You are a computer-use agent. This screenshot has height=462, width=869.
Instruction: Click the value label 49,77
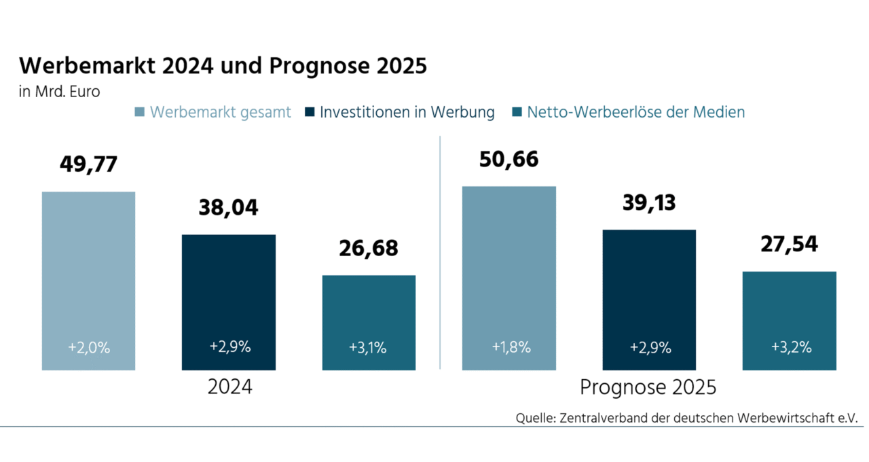point(88,164)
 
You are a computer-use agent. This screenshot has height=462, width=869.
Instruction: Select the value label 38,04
point(228,207)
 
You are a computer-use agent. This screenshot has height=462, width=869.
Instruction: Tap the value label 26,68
point(369,248)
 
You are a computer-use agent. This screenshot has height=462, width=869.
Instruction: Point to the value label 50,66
point(509,159)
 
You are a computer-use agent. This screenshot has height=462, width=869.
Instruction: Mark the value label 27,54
point(789,244)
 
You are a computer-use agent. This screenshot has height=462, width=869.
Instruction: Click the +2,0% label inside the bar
point(89,347)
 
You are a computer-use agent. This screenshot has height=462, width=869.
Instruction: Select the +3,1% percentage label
point(368,347)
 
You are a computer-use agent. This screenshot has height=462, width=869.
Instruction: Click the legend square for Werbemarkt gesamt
point(140,112)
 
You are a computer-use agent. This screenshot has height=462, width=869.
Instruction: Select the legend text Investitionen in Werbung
point(407,112)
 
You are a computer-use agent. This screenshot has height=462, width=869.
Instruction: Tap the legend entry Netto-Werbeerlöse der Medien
point(635,112)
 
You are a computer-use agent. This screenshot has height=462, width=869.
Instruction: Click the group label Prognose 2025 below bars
point(648,388)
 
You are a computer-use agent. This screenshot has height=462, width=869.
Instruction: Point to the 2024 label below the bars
point(229,388)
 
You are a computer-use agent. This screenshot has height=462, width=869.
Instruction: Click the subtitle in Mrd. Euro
point(60,92)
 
